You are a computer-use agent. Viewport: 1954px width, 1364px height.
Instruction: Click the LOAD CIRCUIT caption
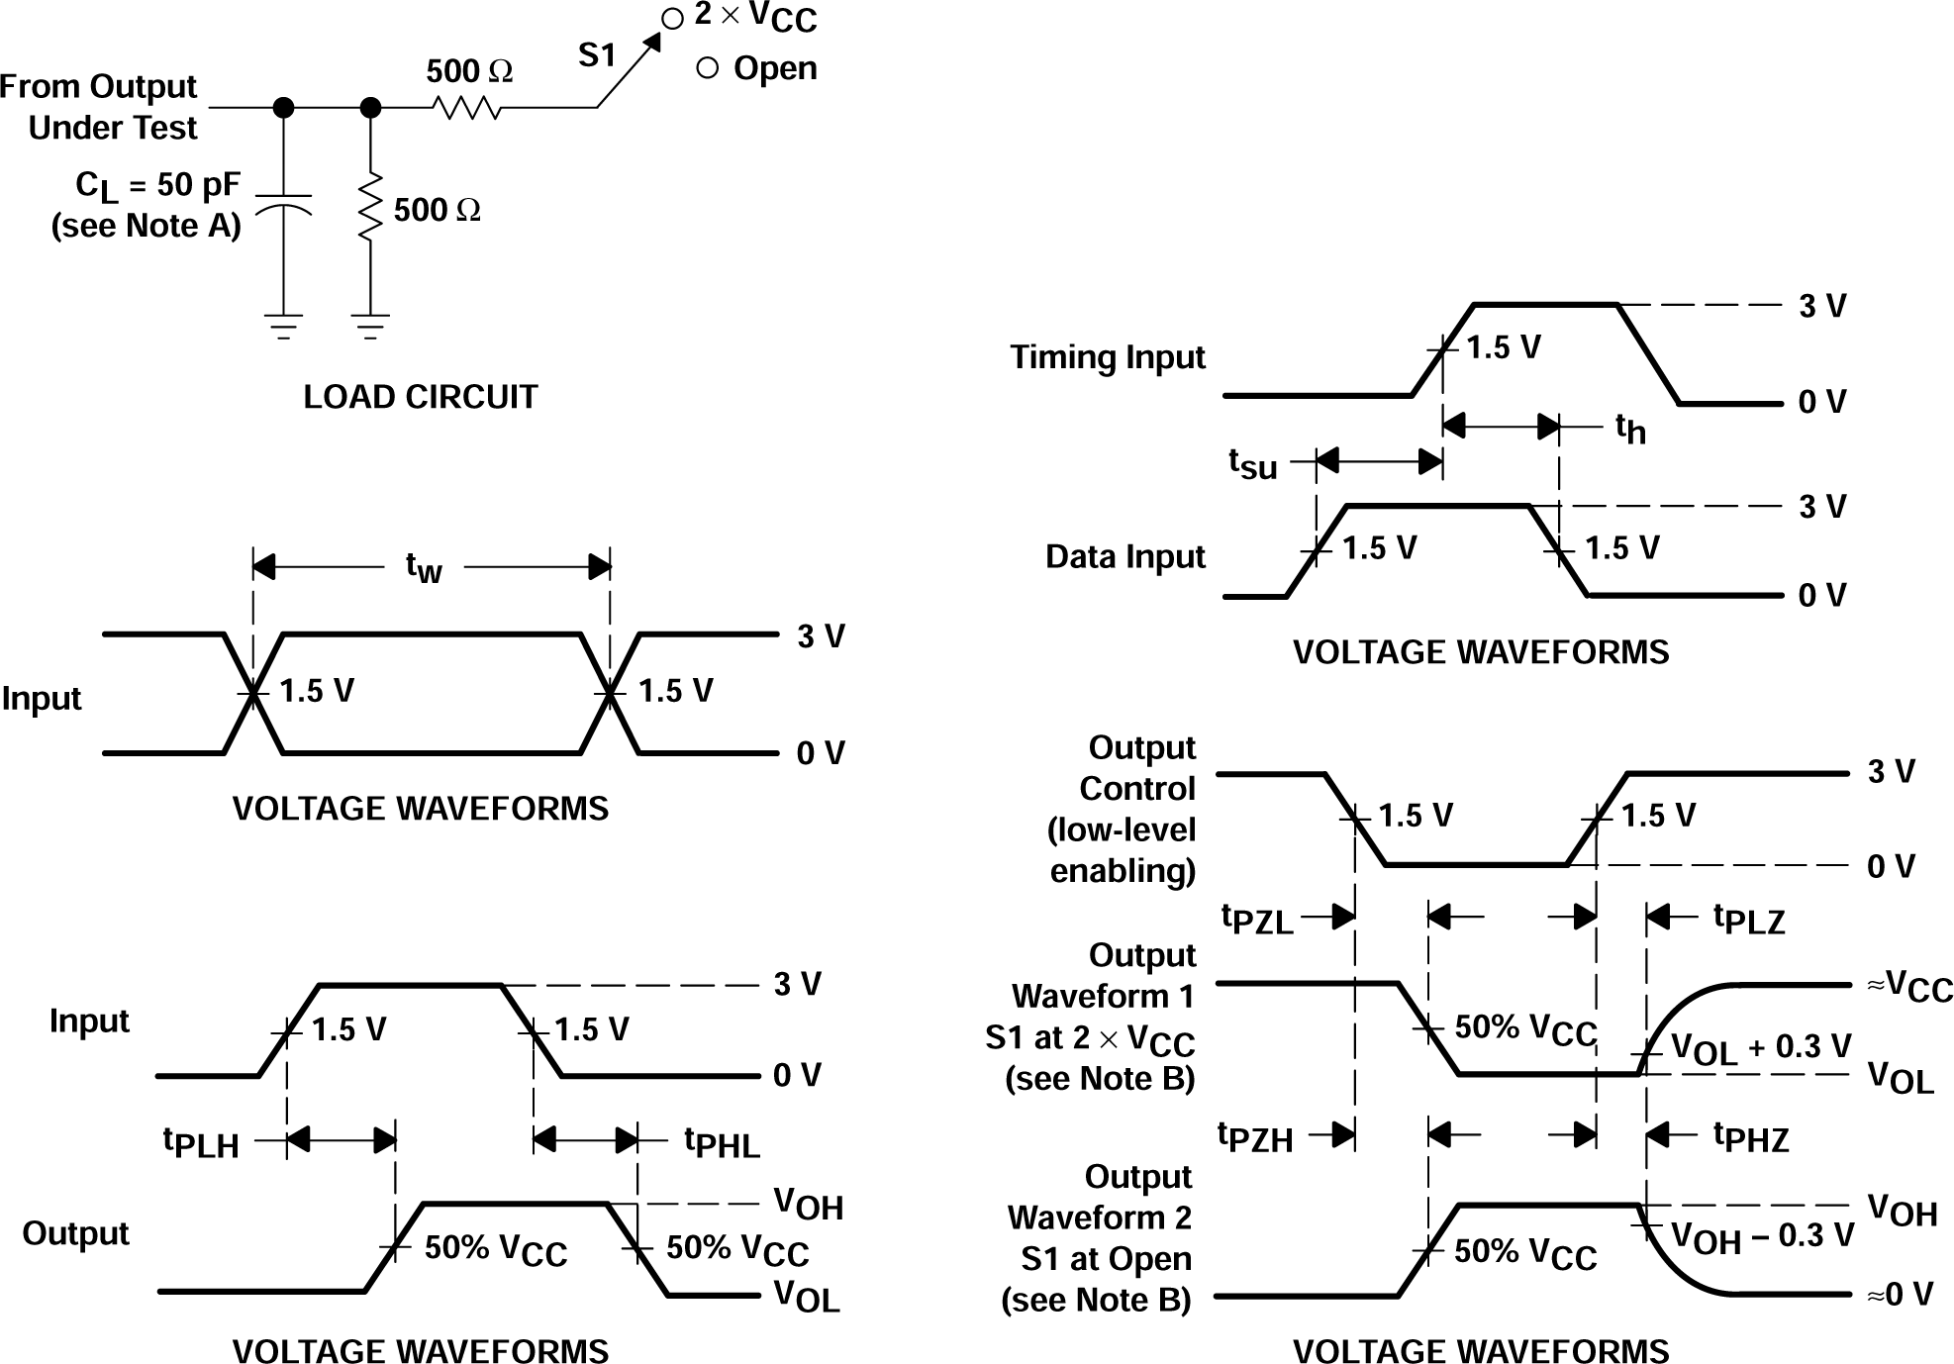coord(420,397)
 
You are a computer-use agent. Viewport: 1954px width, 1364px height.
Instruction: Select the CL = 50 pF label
coord(158,186)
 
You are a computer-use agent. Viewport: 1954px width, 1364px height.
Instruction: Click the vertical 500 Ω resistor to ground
coord(370,207)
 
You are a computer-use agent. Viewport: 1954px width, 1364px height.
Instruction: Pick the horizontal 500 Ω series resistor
coord(466,107)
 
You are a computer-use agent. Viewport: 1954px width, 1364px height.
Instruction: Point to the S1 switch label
coord(597,55)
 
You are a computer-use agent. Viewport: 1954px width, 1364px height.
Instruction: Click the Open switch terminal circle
coord(707,68)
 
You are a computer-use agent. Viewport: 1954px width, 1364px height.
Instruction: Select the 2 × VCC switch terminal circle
coord(672,19)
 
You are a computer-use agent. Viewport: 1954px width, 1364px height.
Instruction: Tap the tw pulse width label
coord(424,567)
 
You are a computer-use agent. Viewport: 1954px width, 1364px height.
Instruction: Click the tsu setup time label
coord(1253,462)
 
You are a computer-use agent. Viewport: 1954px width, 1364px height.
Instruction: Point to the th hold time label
coord(1629,429)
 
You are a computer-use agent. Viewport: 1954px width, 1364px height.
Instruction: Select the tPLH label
coord(201,1142)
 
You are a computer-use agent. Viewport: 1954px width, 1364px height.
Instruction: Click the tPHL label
coord(723,1142)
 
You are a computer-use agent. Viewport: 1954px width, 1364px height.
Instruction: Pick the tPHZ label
coord(1751,1137)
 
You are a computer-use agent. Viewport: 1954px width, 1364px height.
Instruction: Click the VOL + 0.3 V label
coord(1760,1048)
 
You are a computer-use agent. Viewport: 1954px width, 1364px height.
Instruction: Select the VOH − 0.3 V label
coord(1762,1236)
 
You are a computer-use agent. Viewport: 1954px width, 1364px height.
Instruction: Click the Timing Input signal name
coord(1107,356)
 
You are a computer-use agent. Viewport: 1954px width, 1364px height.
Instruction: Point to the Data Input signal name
coord(1124,556)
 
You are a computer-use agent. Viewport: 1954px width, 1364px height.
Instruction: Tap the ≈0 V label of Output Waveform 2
coord(1900,1294)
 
